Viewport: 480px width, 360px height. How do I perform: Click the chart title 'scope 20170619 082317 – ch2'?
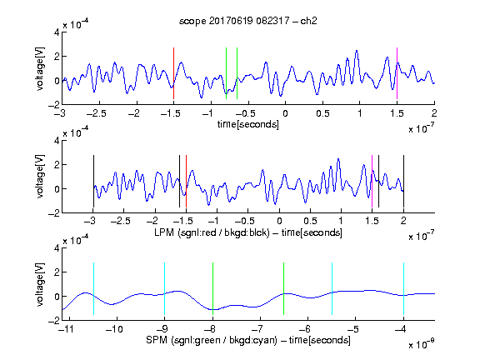(248, 21)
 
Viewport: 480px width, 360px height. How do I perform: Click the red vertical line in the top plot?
(173, 73)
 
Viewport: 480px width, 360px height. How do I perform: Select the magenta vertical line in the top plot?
(397, 73)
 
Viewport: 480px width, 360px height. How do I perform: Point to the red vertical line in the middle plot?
(186, 181)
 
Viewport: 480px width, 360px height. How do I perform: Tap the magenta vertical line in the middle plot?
(372, 181)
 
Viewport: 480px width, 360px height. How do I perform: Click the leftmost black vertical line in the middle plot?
(93, 181)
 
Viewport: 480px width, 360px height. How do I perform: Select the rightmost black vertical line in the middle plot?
(404, 181)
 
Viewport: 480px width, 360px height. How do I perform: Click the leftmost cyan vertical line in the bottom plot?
(93, 288)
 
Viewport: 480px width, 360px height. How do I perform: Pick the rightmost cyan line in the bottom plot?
(404, 288)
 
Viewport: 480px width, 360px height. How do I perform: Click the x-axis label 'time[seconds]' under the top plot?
(248, 124)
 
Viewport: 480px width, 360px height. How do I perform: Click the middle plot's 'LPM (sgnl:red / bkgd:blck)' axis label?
(212, 232)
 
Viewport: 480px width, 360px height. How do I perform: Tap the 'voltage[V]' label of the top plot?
(40, 68)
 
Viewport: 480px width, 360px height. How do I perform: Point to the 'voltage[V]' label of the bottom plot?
(40, 284)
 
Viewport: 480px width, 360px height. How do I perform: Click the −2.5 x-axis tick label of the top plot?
(97, 113)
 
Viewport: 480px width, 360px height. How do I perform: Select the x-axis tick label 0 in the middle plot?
(279, 221)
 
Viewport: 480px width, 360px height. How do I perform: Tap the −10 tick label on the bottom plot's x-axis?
(114, 329)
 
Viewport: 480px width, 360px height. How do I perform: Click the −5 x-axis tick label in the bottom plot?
(355, 329)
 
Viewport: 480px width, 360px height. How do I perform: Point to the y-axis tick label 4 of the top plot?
(57, 32)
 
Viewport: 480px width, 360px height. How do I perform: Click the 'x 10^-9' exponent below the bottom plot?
(422, 344)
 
